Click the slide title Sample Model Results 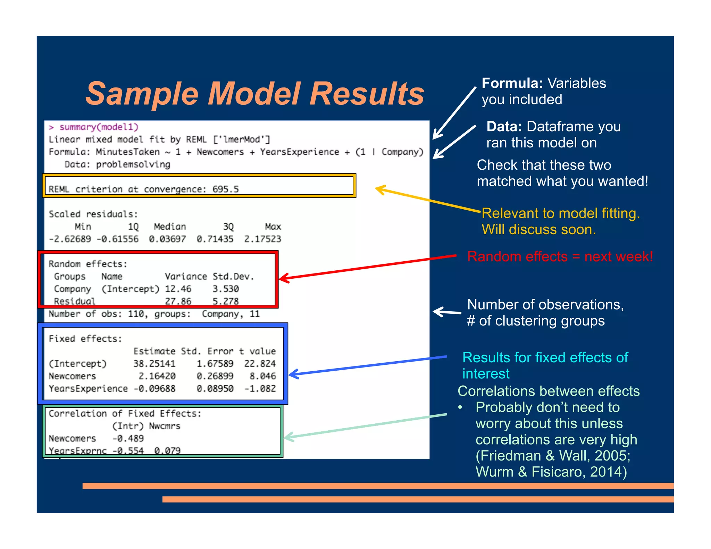click(x=254, y=94)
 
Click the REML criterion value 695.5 click(x=226, y=189)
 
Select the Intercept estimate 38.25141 click(x=154, y=364)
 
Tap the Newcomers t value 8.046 click(x=263, y=376)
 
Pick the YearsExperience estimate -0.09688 click(x=154, y=389)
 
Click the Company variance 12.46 click(x=178, y=289)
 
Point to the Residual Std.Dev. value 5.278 click(x=226, y=301)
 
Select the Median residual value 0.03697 click(x=167, y=239)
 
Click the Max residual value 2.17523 click(x=262, y=239)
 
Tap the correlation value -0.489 click(x=128, y=439)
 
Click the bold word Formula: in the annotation click(x=512, y=83)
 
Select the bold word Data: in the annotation click(x=504, y=127)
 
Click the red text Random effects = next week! click(x=560, y=257)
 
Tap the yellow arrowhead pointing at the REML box click(x=380, y=189)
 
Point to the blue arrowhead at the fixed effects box click(x=293, y=374)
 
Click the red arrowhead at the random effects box click(x=283, y=278)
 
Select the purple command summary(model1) click(x=99, y=127)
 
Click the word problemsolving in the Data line click(x=133, y=164)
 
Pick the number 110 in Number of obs click(x=136, y=314)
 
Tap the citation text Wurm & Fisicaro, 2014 click(x=550, y=472)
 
